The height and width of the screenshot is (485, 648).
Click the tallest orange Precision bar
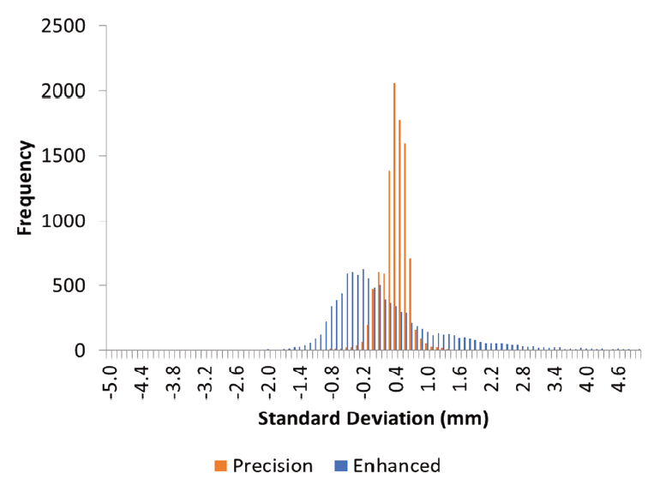pyautogui.click(x=394, y=217)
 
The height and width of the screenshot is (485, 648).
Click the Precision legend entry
pyautogui.click(x=264, y=465)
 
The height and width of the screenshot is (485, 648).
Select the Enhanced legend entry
pyautogui.click(x=387, y=465)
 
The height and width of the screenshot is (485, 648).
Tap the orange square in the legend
pyautogui.click(x=220, y=466)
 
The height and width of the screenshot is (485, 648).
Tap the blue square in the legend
pyautogui.click(x=340, y=466)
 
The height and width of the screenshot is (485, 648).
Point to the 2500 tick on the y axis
pyautogui.click(x=63, y=26)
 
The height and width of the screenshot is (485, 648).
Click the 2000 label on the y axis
pyautogui.click(x=63, y=91)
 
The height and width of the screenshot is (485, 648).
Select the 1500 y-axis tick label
pyautogui.click(x=63, y=156)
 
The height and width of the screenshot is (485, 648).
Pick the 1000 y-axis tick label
pyautogui.click(x=63, y=220)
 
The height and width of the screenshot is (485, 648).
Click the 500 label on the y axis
pyautogui.click(x=69, y=285)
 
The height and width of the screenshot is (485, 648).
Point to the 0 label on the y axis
pyautogui.click(x=81, y=350)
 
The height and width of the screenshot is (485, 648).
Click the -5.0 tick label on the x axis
pyautogui.click(x=112, y=382)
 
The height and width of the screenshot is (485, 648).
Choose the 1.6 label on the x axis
pyautogui.click(x=462, y=380)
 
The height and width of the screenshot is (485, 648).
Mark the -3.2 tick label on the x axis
pyautogui.click(x=207, y=382)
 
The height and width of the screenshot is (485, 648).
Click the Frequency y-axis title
pyautogui.click(x=25, y=188)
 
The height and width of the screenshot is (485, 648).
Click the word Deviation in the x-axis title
pyautogui.click(x=391, y=418)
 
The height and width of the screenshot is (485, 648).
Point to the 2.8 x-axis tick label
pyautogui.click(x=525, y=380)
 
